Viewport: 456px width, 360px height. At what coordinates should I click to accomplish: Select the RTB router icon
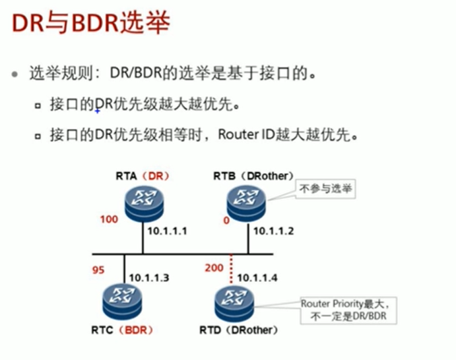click(x=246, y=198)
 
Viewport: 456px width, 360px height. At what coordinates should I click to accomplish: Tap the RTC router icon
click(x=123, y=301)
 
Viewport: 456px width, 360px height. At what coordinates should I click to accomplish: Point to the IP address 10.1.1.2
click(x=273, y=232)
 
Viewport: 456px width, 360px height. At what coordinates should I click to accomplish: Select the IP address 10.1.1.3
click(x=149, y=277)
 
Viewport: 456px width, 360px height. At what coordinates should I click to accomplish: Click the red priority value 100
click(x=110, y=219)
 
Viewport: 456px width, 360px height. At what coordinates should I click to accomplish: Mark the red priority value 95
click(x=98, y=270)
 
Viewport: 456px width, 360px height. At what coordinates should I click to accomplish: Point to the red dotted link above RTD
click(x=232, y=271)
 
